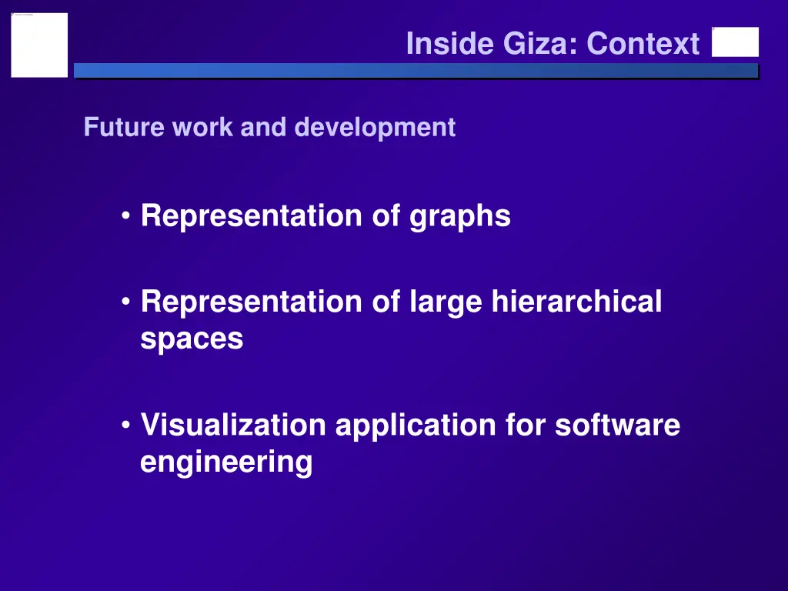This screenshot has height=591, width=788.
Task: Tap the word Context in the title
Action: pyautogui.click(x=643, y=44)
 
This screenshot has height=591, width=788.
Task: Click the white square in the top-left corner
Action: pyautogui.click(x=39, y=45)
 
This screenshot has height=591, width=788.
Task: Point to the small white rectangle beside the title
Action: pyautogui.click(x=735, y=42)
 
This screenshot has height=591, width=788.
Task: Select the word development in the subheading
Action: pyautogui.click(x=375, y=127)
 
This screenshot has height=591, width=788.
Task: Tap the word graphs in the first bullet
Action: pyautogui.click(x=459, y=217)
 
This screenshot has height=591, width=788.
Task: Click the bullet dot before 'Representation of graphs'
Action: pyautogui.click(x=125, y=217)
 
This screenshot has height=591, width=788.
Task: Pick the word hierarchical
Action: pyautogui.click(x=576, y=302)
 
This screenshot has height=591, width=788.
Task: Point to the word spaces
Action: pyautogui.click(x=192, y=339)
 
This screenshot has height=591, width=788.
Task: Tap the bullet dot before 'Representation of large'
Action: pyautogui.click(x=125, y=302)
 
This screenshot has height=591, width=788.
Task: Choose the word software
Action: pyautogui.click(x=617, y=425)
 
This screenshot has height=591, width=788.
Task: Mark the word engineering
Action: pyautogui.click(x=226, y=463)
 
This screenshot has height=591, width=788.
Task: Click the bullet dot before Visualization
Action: pyautogui.click(x=125, y=426)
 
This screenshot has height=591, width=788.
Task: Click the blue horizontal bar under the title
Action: pyautogui.click(x=416, y=71)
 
